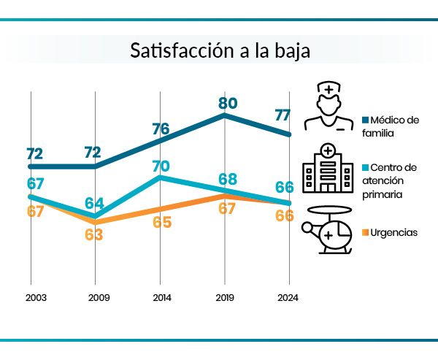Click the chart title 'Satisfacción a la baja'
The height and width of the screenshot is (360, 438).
pyautogui.click(x=219, y=51)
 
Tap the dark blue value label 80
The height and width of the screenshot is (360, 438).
pyautogui.click(x=228, y=103)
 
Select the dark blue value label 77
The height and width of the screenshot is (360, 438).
pyautogui.click(x=284, y=115)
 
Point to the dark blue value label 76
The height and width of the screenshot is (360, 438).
pyautogui.click(x=161, y=129)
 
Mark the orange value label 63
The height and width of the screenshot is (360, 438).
pyautogui.click(x=94, y=234)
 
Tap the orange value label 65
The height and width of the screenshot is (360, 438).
pyautogui.click(x=161, y=222)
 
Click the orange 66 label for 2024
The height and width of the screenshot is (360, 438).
pyautogui.click(x=284, y=215)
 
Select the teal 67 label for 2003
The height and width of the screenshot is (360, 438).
pyautogui.click(x=34, y=182)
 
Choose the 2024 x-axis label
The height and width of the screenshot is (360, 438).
pyautogui.click(x=288, y=298)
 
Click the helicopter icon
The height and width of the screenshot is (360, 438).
pyautogui.click(x=328, y=230)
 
